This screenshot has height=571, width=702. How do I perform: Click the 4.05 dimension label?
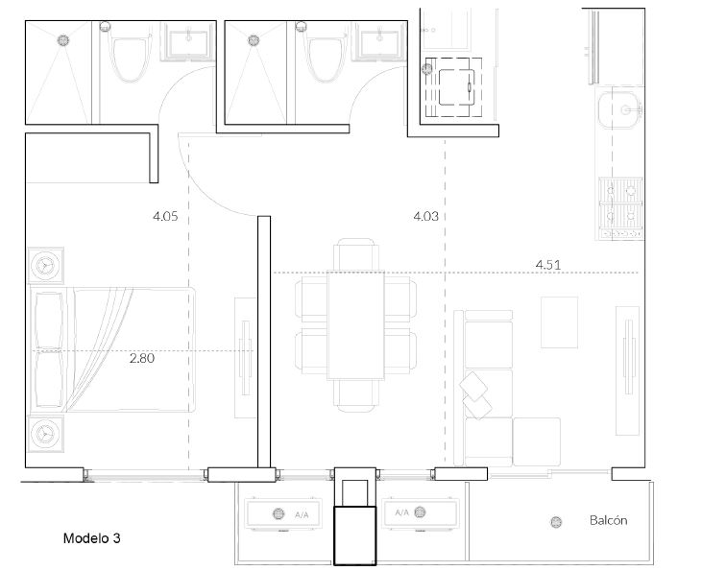(165, 217)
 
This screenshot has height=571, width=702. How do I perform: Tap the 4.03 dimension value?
(425, 217)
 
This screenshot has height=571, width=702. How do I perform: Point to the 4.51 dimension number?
(548, 265)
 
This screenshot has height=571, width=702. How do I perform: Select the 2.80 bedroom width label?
(142, 358)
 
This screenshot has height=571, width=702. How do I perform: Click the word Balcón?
(609, 520)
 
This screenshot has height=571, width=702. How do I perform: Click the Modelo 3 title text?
(92, 537)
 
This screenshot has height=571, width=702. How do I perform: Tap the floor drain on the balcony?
(556, 522)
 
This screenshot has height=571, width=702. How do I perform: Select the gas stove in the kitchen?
(621, 207)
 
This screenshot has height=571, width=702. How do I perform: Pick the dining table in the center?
(356, 325)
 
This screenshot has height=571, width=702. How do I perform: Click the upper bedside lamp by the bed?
(46, 266)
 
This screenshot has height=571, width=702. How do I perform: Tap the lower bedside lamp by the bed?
(46, 433)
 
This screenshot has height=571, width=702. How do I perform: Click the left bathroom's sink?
(188, 41)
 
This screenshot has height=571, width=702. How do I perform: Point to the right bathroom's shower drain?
(254, 40)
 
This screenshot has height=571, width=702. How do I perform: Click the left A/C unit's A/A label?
(302, 515)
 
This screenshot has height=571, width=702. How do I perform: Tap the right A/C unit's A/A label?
(402, 512)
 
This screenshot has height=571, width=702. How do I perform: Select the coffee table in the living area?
(559, 322)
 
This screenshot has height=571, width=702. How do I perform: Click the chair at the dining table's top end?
(356, 254)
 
